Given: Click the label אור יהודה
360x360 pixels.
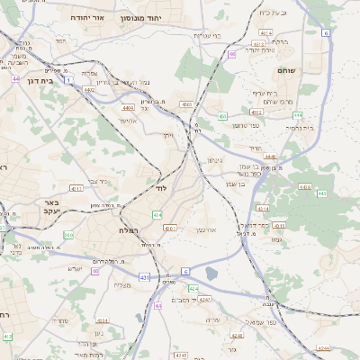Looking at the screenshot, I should [x=87, y=17].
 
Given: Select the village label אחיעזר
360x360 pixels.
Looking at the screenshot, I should [x=127, y=120].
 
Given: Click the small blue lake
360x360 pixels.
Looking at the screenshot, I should [x=211, y=273].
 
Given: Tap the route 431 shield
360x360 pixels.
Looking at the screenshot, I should [x=145, y=277].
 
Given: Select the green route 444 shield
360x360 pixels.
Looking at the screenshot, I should [x=297, y=115].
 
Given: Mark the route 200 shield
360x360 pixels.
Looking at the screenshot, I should [x=67, y=235].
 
